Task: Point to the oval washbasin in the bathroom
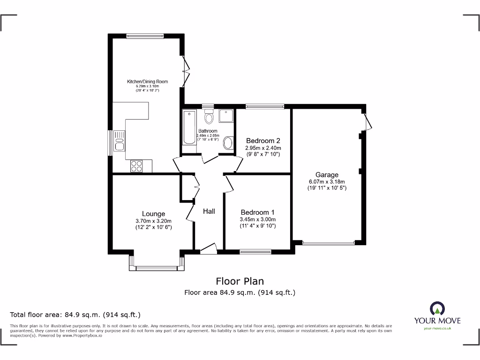click(228, 143)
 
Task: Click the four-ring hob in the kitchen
click(137, 165)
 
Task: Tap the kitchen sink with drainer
click(119, 141)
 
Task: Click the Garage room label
click(326, 175)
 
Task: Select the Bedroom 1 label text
click(257, 212)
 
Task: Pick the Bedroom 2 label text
click(263, 141)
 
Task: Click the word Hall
click(209, 211)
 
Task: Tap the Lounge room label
click(153, 214)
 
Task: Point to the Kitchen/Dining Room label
click(147, 82)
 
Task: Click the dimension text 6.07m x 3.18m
click(326, 182)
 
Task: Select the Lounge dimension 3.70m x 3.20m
click(153, 221)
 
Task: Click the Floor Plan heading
click(240, 281)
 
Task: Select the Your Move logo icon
click(437, 308)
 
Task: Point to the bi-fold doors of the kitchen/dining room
click(186, 71)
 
